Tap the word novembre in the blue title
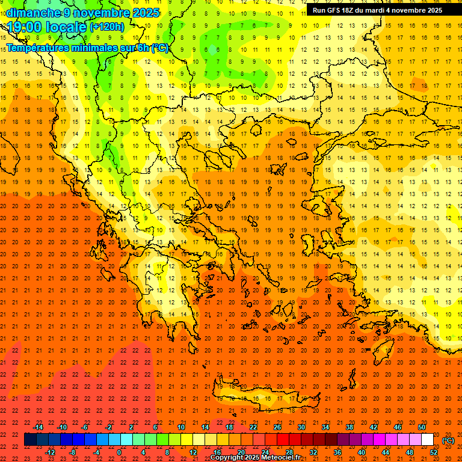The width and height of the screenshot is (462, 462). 101,13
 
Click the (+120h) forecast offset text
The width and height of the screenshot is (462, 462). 107,27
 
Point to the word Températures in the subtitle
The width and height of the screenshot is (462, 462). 41,48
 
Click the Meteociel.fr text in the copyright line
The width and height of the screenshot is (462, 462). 280,458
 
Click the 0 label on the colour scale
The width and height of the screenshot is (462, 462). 119,452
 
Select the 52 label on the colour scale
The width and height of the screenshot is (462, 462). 434,452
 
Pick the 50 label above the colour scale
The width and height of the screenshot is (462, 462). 422,427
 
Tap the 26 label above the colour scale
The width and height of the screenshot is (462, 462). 277,427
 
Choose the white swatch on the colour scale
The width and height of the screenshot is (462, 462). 427,440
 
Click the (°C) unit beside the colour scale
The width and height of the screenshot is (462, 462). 448,440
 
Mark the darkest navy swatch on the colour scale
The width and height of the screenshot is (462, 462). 30,440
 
